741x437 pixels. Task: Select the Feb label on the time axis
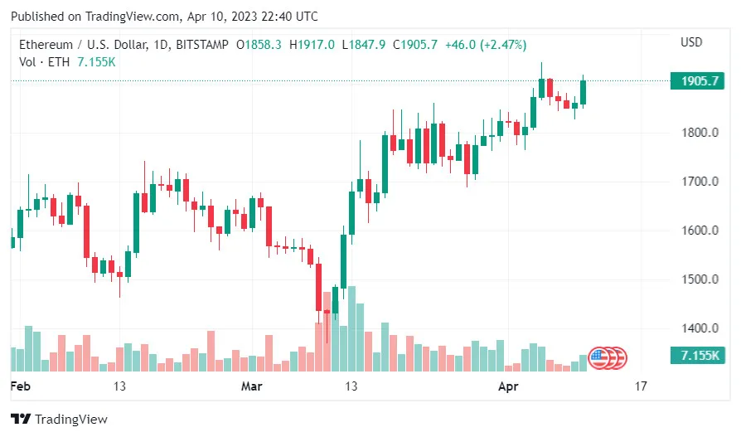[x=20, y=386]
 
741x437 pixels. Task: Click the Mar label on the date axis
[x=251, y=386]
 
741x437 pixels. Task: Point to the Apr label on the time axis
[x=507, y=386]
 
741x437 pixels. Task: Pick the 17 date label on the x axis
[x=640, y=386]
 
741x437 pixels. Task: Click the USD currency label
[x=691, y=42]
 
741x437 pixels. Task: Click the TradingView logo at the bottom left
[x=59, y=420]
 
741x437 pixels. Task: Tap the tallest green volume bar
[x=351, y=329]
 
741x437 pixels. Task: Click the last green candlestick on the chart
[x=584, y=92]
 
